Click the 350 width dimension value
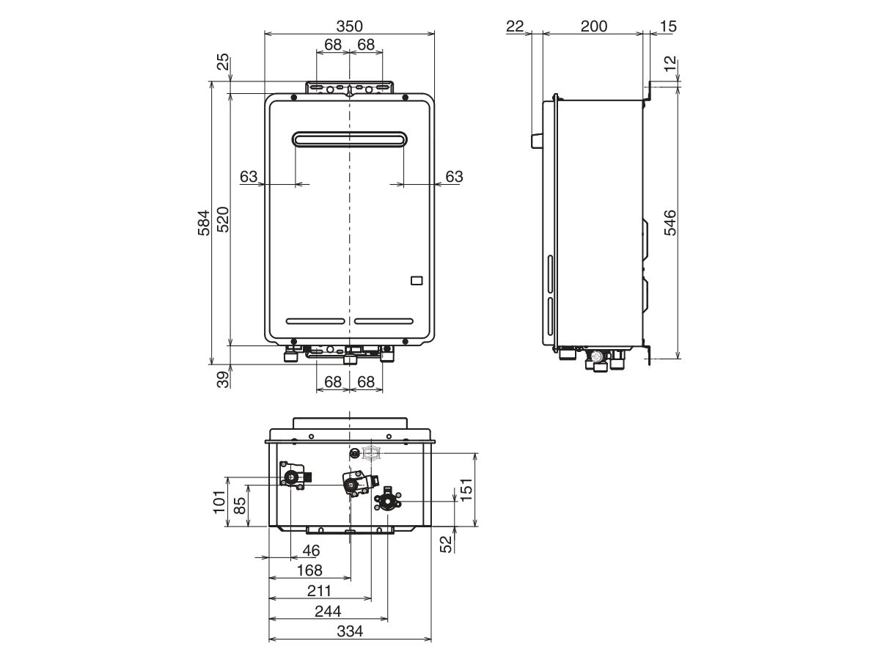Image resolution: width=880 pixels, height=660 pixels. click(349, 26)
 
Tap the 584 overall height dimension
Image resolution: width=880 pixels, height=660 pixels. click(205, 222)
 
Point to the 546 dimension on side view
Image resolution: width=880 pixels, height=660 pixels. click(670, 222)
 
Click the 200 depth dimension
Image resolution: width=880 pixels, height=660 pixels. click(593, 26)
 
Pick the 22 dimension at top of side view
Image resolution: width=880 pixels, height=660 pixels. click(515, 26)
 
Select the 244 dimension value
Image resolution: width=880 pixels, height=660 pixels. click(328, 611)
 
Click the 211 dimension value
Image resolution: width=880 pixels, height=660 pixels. click(319, 590)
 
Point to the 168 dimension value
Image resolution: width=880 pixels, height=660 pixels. click(309, 570)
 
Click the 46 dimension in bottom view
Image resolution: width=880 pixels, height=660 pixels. click(312, 550)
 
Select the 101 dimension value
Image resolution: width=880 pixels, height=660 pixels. click(219, 502)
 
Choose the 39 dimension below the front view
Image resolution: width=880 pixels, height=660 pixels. click(223, 379)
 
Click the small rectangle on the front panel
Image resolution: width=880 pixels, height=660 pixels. click(416, 279)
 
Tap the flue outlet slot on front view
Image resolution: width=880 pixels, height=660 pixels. click(349, 139)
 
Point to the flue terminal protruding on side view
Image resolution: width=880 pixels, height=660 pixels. click(536, 140)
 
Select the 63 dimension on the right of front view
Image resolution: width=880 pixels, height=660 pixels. click(454, 177)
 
